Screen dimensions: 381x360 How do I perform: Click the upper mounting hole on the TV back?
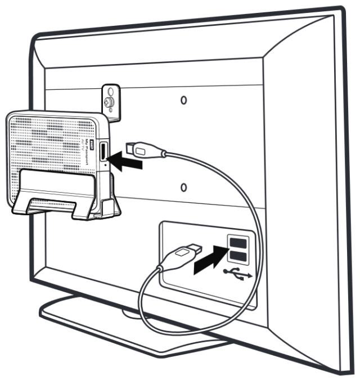(183, 100)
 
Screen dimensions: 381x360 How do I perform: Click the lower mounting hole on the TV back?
(184, 187)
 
